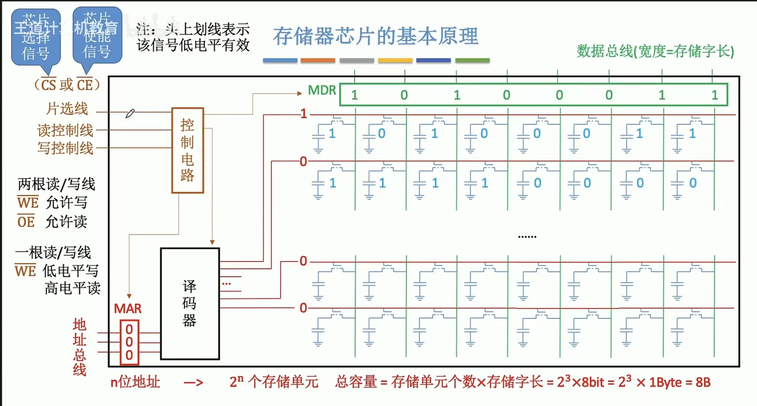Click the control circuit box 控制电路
(187, 151)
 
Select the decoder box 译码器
(190, 304)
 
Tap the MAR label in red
(128, 309)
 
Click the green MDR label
(322, 90)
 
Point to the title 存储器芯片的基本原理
(375, 36)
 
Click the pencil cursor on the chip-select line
(130, 113)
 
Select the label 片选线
(67, 109)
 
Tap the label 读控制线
(65, 130)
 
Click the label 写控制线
(65, 148)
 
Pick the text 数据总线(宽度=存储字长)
(655, 51)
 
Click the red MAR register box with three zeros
(129, 342)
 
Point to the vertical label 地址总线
(79, 347)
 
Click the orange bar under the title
(318, 60)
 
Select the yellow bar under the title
(395, 60)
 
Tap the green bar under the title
(472, 60)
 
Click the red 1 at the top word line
(304, 114)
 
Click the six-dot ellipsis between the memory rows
(527, 237)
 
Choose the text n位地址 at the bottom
(135, 382)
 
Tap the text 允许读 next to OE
(66, 222)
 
